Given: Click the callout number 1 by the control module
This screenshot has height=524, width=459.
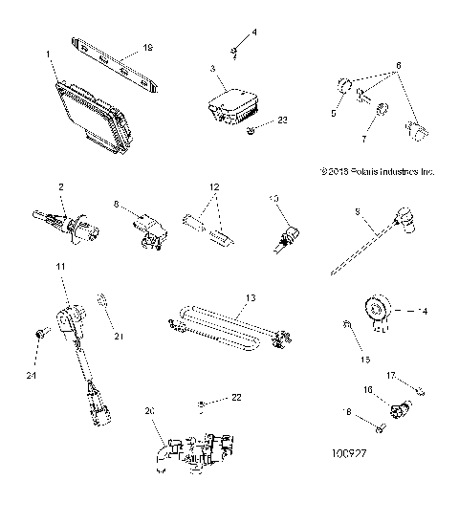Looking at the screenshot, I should pos(49,55).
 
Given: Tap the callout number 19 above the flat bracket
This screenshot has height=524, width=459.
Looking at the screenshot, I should pos(146,46).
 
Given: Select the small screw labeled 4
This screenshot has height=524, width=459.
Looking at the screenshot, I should pos(232,49).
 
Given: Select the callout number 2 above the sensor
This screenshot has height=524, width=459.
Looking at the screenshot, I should pos(60,187).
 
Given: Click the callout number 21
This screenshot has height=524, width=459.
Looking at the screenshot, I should pos(120,337).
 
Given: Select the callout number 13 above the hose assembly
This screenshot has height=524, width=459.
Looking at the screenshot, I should pos(251,297).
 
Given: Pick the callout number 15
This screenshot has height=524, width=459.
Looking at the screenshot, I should pos(361,360).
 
